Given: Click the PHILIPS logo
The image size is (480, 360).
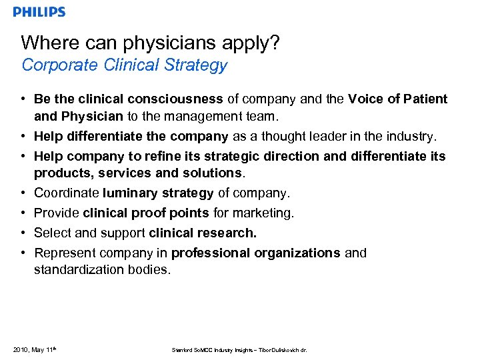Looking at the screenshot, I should click(x=39, y=12).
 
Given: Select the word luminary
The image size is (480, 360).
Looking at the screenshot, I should click(x=128, y=193).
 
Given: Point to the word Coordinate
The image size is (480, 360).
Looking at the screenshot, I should click(x=67, y=193).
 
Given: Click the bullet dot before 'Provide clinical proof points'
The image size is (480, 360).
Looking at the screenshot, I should click(x=23, y=213).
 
